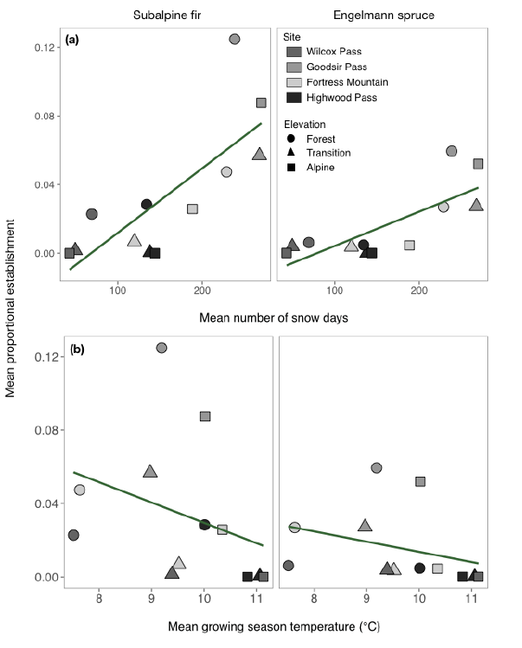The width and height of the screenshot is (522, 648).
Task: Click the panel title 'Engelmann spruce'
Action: tap(382, 17)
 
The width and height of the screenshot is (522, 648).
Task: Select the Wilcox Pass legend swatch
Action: tap(294, 52)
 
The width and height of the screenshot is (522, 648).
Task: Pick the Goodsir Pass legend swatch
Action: tap(294, 67)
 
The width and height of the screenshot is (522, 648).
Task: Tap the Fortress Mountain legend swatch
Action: tap(294, 83)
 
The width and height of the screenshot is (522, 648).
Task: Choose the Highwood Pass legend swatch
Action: tap(294, 99)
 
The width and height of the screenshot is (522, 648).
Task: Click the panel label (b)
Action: tap(77, 350)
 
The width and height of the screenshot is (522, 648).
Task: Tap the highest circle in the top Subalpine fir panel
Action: tap(235, 39)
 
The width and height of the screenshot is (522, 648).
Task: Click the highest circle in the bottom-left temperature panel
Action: tap(161, 348)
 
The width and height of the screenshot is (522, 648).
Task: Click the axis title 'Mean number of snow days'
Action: tap(274, 318)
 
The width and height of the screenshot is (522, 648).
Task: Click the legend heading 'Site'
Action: tap(294, 37)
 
